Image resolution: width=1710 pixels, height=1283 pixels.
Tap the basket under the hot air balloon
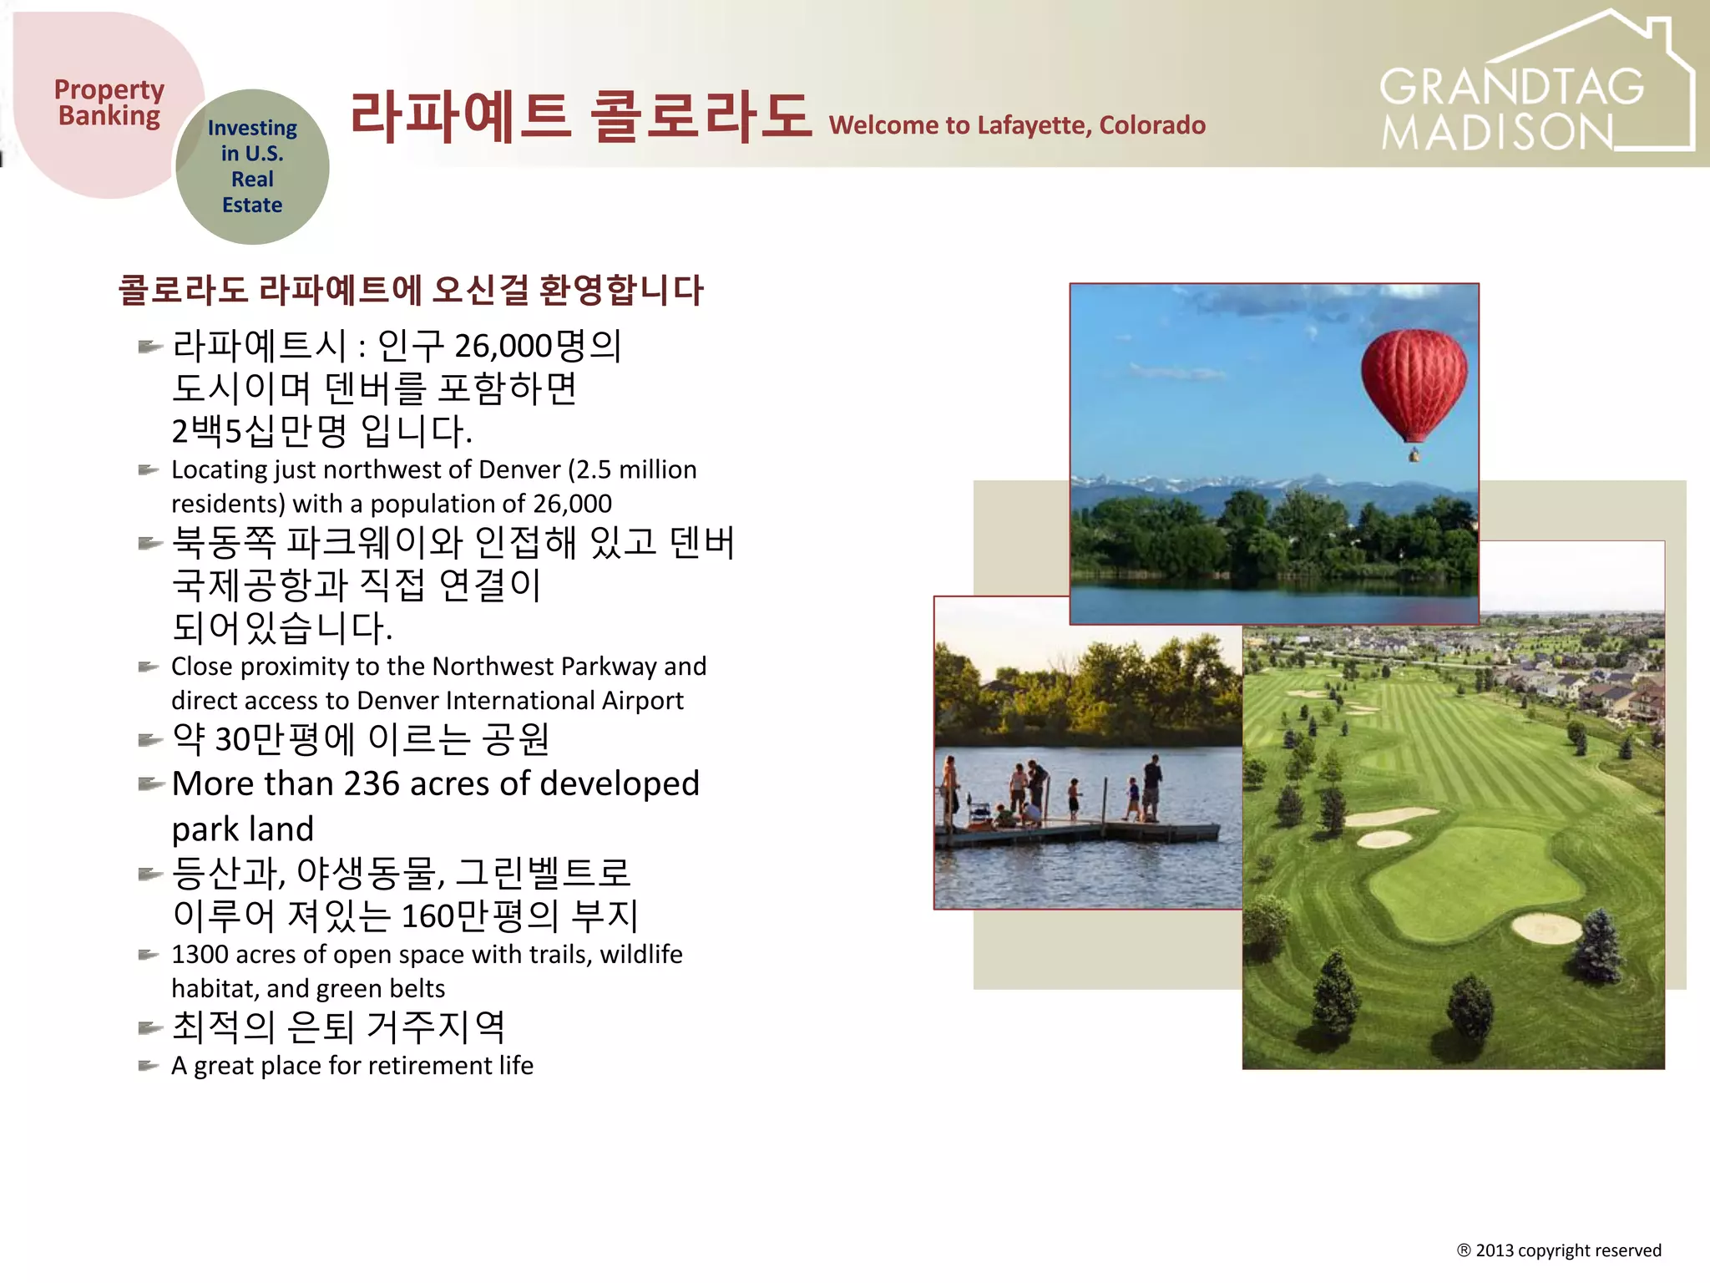(1414, 455)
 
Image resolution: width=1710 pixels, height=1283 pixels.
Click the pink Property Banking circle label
(109, 103)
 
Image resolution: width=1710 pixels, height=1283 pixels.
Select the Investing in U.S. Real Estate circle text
(252, 166)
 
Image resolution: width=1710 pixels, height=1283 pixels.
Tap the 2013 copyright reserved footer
(1559, 1250)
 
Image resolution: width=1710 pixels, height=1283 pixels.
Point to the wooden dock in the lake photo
(1077, 832)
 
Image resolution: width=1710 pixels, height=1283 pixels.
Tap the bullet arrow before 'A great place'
(148, 1066)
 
